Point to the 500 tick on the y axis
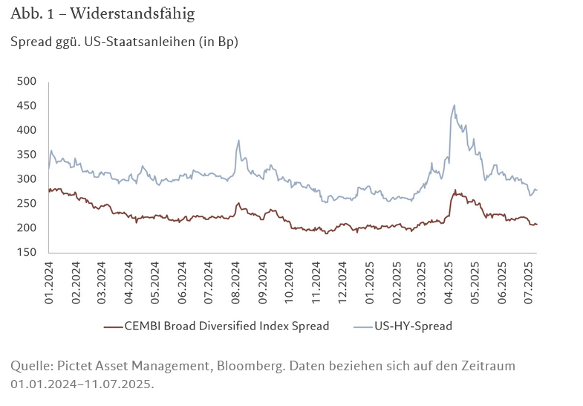click(27, 81)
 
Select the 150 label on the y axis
click(27, 252)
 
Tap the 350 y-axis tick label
click(27, 155)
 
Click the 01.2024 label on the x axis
click(50, 281)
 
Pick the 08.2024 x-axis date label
click(235, 281)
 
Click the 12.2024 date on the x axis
click(342, 281)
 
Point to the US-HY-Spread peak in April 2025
click(454, 105)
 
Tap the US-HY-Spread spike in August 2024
click(238, 140)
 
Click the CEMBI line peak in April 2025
click(455, 190)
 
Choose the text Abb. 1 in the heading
click(27, 14)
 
